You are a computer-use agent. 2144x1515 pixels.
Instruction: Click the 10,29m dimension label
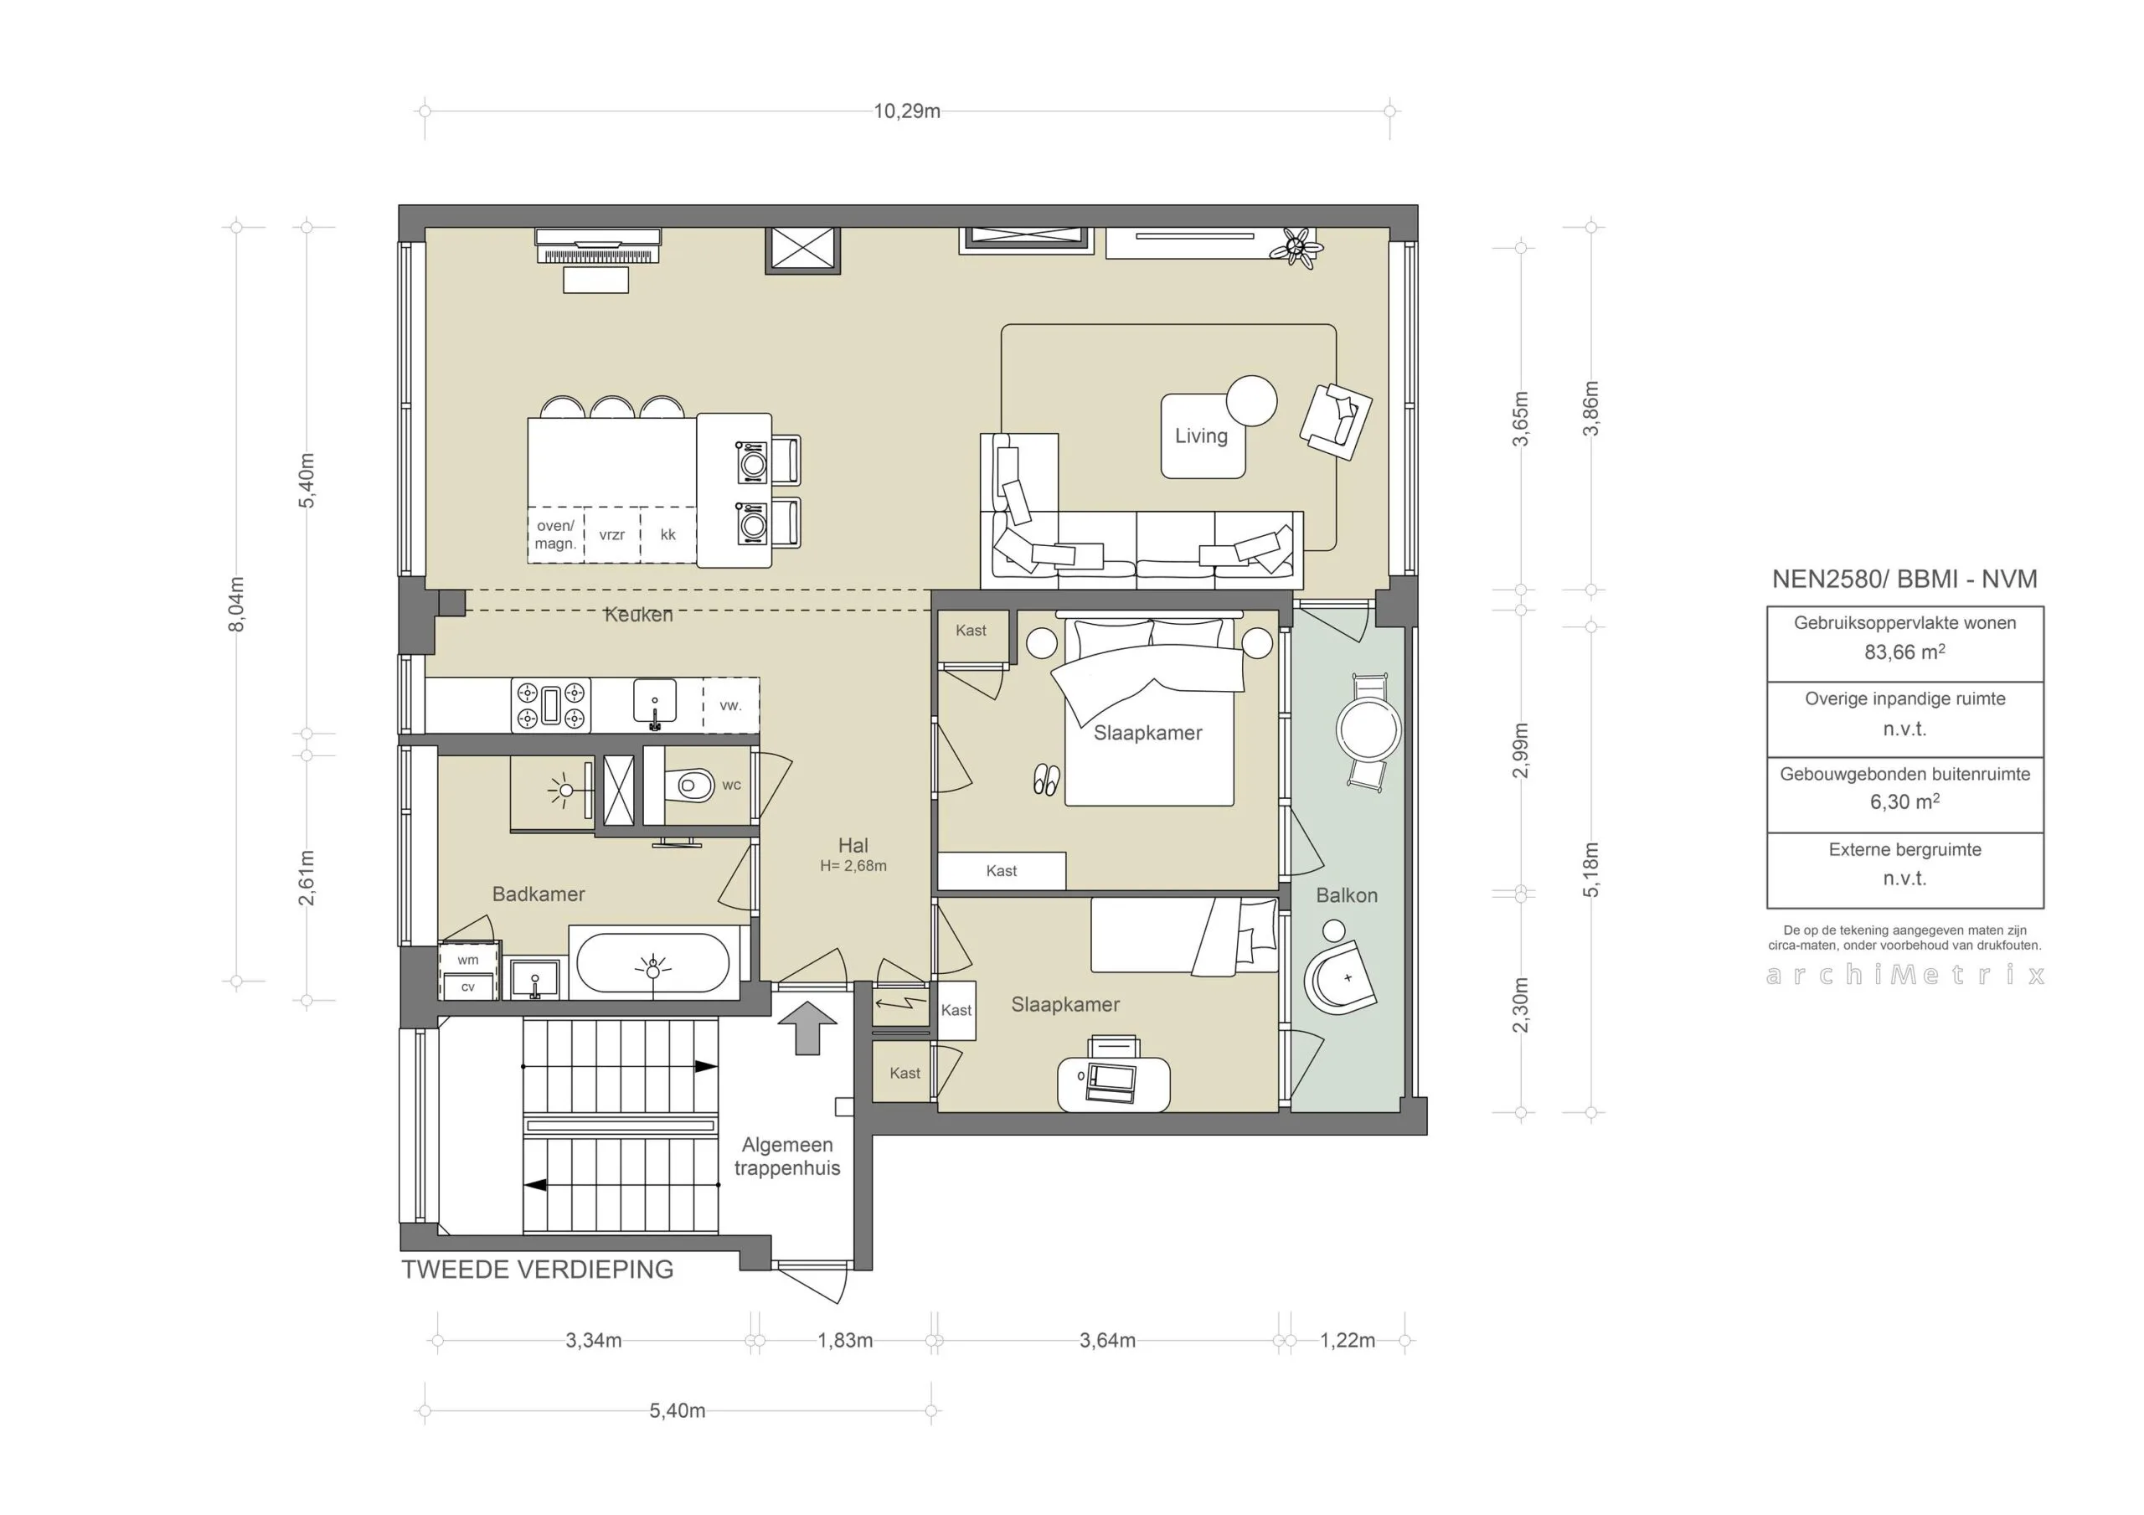[x=907, y=111]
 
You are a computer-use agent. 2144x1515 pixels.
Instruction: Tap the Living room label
[x=1201, y=436]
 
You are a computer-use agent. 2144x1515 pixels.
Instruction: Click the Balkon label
[x=1347, y=896]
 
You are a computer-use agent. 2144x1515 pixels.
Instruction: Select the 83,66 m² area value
[x=1905, y=652]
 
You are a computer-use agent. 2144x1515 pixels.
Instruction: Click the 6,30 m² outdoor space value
[x=1905, y=801]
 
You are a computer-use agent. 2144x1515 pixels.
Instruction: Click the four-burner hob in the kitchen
[x=551, y=704]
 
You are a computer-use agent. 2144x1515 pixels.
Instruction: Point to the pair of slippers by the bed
[x=1046, y=780]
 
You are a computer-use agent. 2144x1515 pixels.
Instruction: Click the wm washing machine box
[x=469, y=959]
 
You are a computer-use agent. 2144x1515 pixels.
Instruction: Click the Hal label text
[x=853, y=845]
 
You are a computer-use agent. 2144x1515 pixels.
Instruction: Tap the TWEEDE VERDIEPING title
[x=538, y=1270]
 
